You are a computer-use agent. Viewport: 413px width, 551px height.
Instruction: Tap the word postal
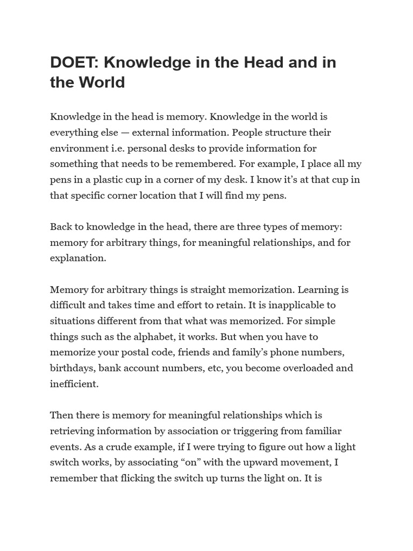156,352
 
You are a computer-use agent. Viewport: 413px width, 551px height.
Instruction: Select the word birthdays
72,369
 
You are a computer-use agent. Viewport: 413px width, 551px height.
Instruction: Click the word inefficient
75,384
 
